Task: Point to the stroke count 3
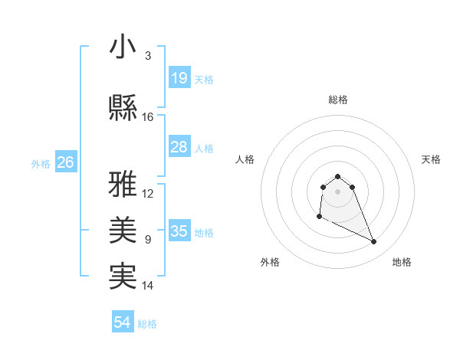(147, 56)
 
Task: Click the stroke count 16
(148, 117)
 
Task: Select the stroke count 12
(148, 194)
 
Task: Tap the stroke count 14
(148, 286)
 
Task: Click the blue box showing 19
(179, 78)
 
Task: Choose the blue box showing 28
(179, 147)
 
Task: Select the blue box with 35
(179, 231)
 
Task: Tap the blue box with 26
(65, 162)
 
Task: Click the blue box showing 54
(122, 322)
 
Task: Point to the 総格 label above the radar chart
(338, 100)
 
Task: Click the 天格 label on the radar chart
(432, 159)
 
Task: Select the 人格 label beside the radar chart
(245, 159)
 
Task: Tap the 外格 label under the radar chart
(270, 262)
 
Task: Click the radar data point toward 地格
(374, 242)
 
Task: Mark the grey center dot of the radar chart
(338, 191)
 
